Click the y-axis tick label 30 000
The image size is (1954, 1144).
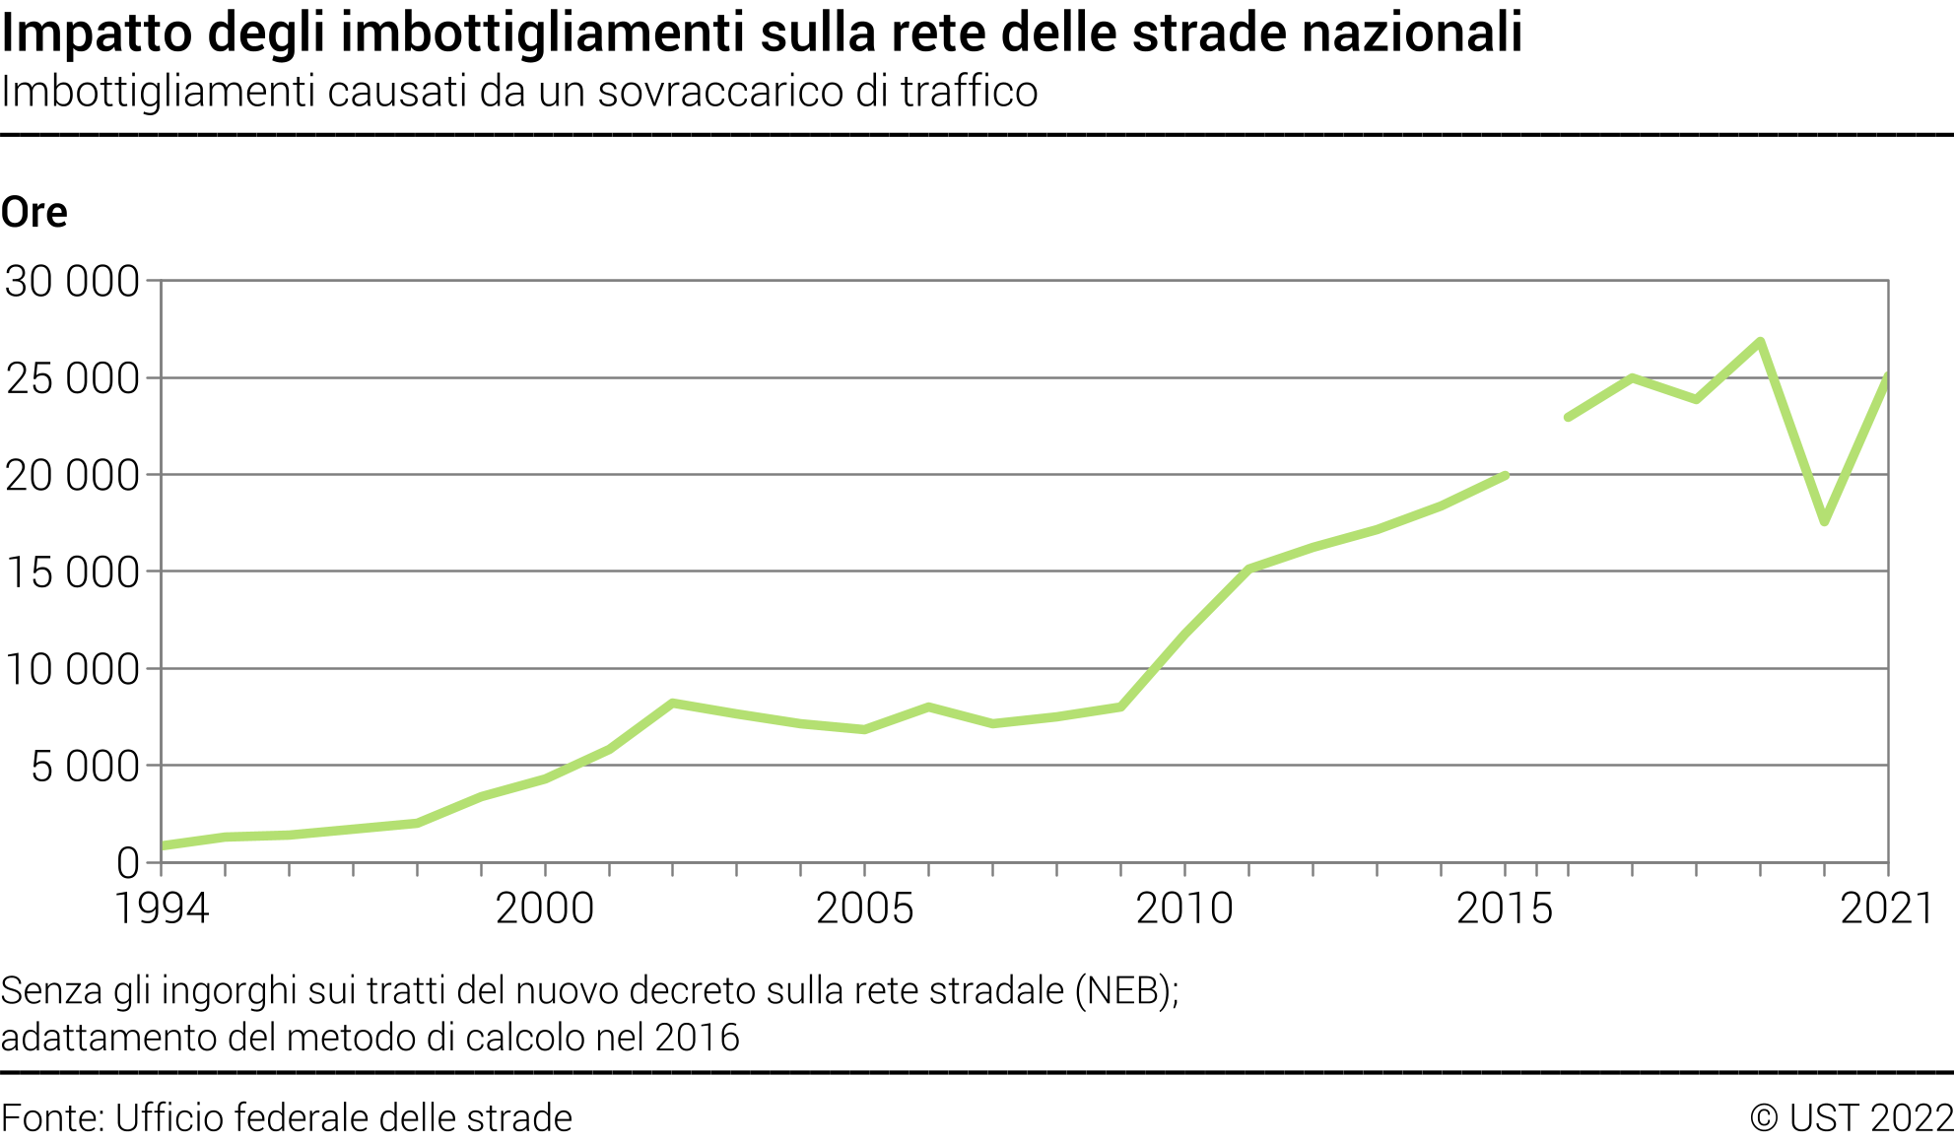coord(72,282)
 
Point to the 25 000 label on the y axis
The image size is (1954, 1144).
coord(72,378)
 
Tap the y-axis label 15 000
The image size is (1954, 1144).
coord(72,572)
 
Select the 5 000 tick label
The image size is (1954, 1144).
coord(86,767)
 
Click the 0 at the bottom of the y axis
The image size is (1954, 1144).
coord(128,863)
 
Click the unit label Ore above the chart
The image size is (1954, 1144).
coord(34,213)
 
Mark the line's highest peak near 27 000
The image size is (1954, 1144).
coord(1760,342)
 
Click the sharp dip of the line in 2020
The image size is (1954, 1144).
coord(1825,520)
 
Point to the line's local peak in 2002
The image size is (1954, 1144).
coord(672,704)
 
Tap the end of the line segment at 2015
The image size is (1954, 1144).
coord(1505,476)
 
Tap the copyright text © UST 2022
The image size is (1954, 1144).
coord(1851,1118)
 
